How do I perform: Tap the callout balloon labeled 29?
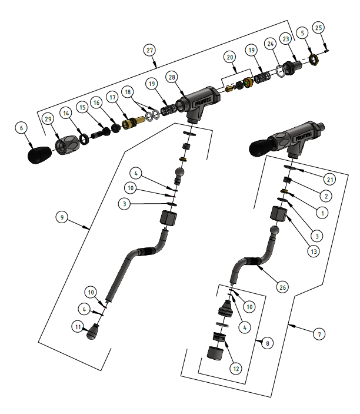point(49,120)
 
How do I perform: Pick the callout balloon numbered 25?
point(318,28)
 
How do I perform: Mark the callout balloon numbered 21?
point(329,178)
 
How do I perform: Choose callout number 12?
point(236,369)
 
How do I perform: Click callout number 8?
point(268,342)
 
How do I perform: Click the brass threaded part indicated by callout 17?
point(131,124)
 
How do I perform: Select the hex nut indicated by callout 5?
point(314,58)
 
